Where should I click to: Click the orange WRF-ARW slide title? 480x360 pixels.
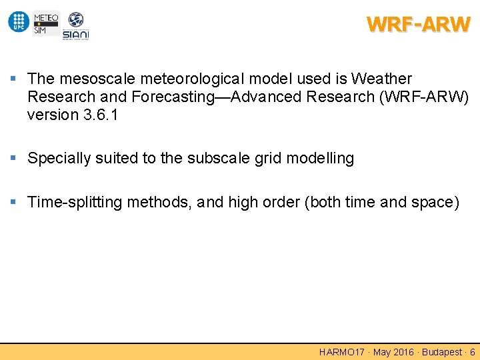418,25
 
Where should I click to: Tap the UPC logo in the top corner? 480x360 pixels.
18,22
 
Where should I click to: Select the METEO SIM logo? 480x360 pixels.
45,22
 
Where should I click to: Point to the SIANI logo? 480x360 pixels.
75,26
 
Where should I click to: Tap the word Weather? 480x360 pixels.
382,79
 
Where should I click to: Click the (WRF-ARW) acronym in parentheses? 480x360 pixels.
424,97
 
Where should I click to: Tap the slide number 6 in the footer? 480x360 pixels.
473,352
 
